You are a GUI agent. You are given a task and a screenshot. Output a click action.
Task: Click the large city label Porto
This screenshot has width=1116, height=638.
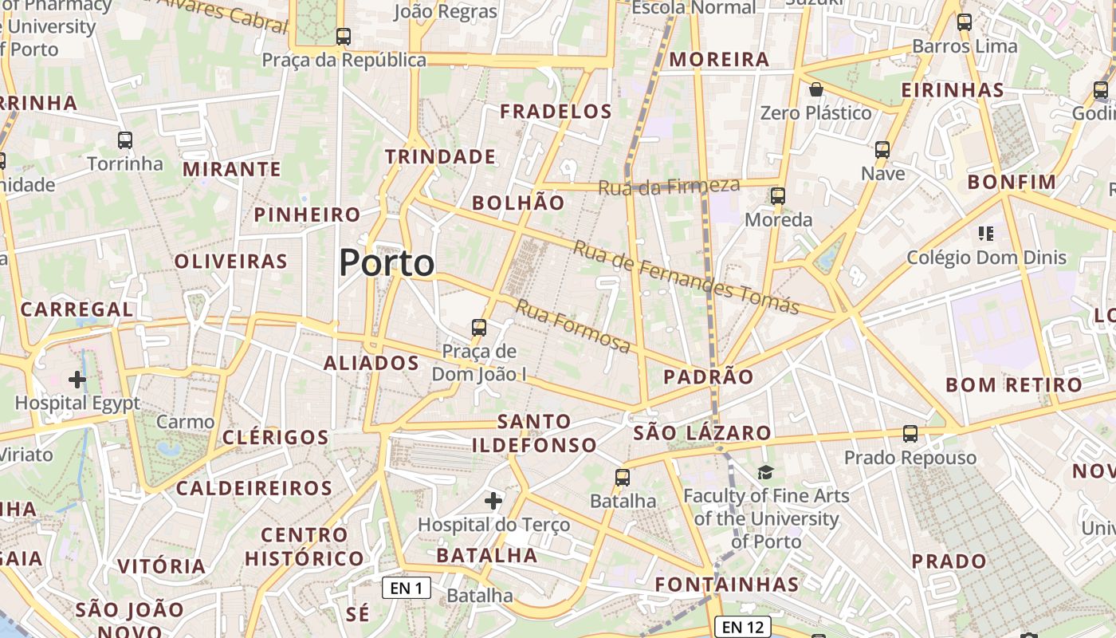pos(387,263)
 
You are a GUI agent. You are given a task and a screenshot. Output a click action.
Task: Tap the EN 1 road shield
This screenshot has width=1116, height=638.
pos(407,589)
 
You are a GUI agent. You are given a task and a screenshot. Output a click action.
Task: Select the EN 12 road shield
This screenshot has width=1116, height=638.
pos(743,627)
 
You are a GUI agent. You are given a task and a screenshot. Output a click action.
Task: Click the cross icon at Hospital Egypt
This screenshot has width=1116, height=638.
pos(77,380)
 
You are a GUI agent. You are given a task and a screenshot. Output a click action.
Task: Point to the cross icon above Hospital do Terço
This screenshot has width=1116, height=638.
pos(493,501)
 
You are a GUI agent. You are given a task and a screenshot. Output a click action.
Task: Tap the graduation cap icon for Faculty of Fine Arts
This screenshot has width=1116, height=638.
pos(765,472)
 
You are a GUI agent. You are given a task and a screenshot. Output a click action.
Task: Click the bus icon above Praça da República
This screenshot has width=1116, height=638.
pos(344,37)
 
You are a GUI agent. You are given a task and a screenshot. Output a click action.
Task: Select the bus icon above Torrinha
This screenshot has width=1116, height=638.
pos(125,140)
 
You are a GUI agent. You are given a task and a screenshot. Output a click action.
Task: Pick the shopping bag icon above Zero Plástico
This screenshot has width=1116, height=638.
pos(815,89)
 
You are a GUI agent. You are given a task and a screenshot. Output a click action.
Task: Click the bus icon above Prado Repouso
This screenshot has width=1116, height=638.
pos(910,434)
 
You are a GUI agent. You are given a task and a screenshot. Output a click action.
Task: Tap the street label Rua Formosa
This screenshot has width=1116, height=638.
pos(573,326)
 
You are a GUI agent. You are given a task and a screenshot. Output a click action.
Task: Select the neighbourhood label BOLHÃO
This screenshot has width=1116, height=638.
pos(518,203)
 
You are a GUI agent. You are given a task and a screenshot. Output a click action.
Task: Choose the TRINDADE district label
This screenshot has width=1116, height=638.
pos(441,156)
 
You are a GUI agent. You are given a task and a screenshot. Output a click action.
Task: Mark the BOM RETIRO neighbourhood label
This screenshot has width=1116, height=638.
pos(1014,385)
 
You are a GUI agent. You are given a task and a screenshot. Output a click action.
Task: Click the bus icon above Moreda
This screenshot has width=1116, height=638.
pos(778,195)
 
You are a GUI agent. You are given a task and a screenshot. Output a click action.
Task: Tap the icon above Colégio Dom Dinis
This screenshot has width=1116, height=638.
pos(986,234)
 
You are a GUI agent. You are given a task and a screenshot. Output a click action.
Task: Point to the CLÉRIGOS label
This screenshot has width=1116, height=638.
pos(275,437)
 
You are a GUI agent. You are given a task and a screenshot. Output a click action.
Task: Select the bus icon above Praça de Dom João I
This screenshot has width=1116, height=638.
pos(479,327)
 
